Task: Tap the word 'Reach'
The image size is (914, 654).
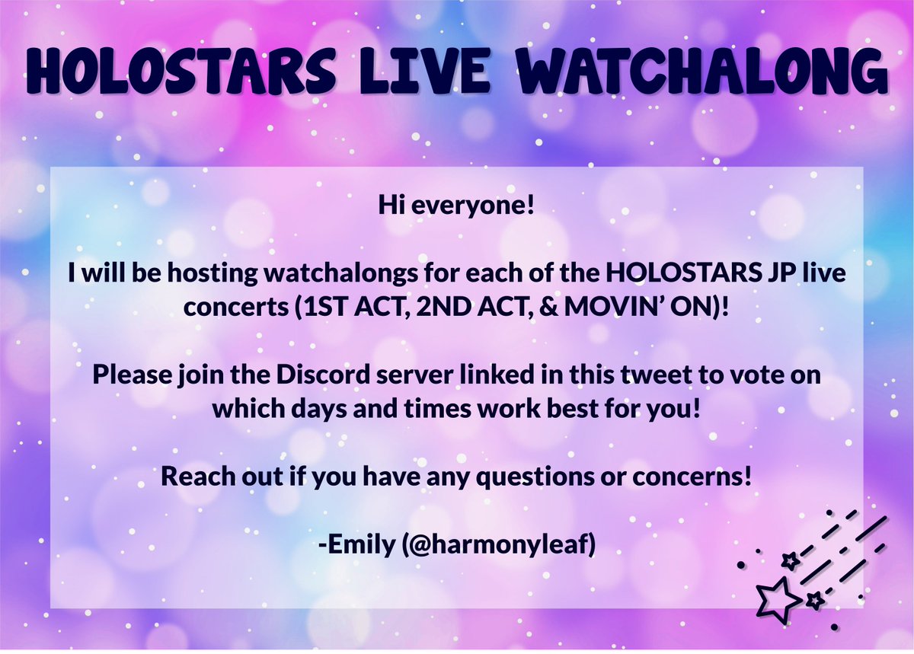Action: (x=197, y=477)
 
